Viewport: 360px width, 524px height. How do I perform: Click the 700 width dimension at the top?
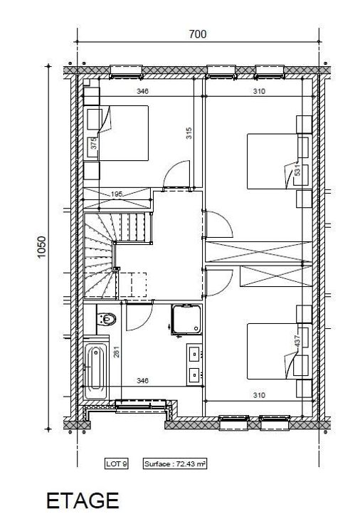click(x=198, y=34)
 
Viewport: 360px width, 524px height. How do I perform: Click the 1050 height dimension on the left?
click(x=41, y=247)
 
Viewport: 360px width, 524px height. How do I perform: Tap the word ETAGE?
click(x=83, y=501)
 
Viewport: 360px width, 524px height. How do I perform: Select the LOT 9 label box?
click(x=116, y=463)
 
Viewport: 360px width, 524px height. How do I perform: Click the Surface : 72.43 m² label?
click(x=175, y=464)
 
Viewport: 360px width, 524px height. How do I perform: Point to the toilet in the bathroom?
click(x=106, y=319)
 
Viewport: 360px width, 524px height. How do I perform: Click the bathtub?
click(x=96, y=371)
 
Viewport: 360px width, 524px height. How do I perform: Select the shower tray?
click(x=186, y=320)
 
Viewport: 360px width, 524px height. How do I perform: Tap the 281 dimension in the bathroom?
click(x=117, y=352)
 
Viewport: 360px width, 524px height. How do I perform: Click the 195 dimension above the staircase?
click(x=117, y=194)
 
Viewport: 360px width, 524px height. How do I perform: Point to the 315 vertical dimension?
click(x=189, y=133)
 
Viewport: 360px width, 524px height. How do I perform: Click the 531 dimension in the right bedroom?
click(x=297, y=169)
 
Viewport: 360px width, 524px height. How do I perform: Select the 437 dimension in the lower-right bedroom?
click(x=297, y=341)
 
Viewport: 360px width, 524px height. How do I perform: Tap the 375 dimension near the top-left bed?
click(x=94, y=143)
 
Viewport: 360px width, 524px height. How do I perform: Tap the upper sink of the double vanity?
click(x=194, y=355)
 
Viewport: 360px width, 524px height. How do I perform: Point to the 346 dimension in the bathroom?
click(x=142, y=380)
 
